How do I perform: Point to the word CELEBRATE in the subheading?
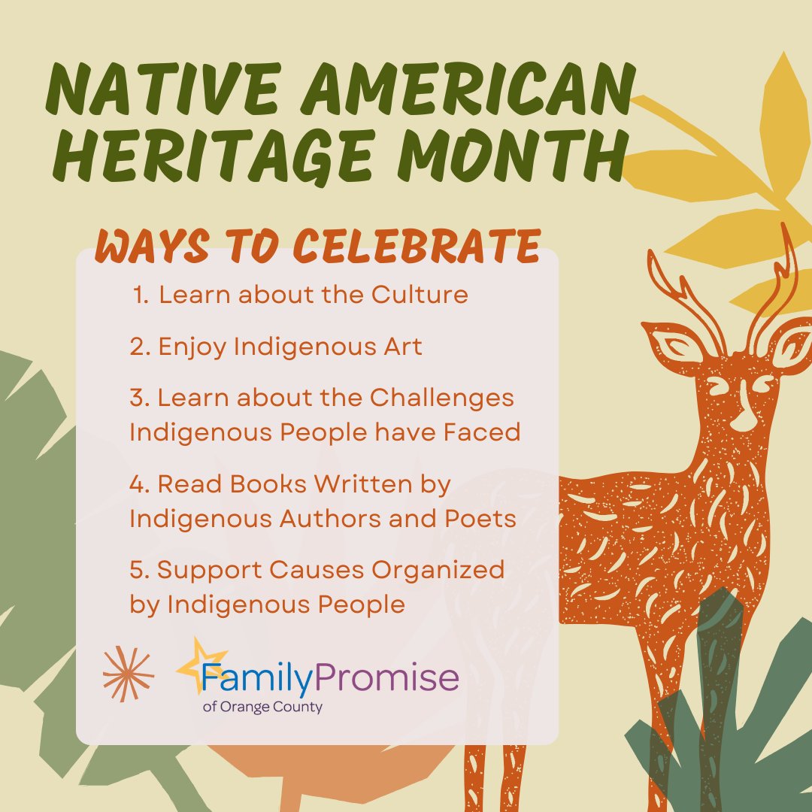[414, 245]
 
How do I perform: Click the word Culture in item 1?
[420, 295]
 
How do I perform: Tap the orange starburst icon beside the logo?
[129, 674]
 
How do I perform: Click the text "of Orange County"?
[262, 707]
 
